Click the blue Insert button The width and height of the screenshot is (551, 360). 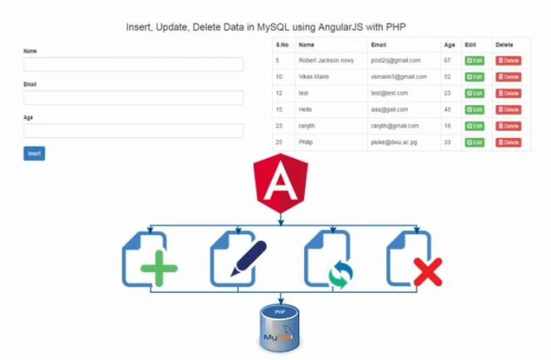pos(34,153)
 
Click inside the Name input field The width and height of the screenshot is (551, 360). pos(133,65)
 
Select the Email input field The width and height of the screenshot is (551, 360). pos(133,97)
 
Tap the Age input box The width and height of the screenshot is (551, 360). pos(133,130)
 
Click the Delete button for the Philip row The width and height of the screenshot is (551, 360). pos(508,143)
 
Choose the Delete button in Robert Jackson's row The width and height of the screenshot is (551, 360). pos(508,61)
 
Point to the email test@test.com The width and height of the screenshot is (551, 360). pos(389,93)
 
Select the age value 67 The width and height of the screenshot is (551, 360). pos(447,61)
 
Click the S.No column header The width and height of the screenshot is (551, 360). pos(282,45)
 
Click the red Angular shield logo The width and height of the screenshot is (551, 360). pos(281,183)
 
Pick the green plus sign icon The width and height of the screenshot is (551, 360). pos(159,268)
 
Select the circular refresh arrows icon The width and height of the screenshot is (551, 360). pos(341,275)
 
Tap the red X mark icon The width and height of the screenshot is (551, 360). pos(427,272)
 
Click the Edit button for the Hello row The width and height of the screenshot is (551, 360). pos(474,110)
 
